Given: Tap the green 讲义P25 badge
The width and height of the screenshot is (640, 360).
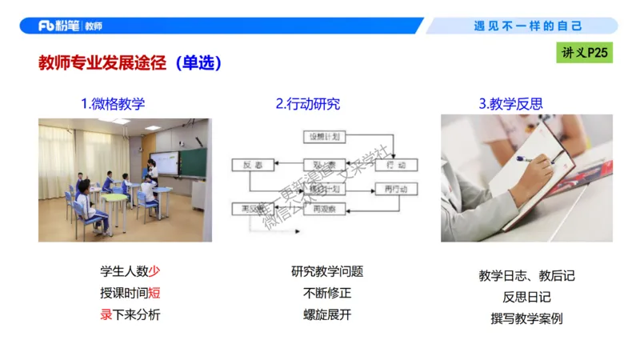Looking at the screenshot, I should click(585, 53).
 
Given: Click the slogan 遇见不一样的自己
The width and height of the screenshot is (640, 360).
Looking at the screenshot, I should click(528, 26).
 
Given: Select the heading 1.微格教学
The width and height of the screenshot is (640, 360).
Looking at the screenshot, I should click(113, 103).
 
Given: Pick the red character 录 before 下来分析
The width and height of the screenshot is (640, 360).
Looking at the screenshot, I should click(106, 314).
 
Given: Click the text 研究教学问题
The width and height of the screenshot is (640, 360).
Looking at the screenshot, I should click(327, 271).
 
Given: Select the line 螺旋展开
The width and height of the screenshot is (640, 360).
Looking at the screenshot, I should click(327, 314).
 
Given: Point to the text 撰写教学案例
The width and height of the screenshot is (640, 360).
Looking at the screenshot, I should click(526, 318).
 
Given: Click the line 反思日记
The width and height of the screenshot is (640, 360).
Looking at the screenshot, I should click(526, 297).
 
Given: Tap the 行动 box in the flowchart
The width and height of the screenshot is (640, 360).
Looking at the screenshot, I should click(396, 165).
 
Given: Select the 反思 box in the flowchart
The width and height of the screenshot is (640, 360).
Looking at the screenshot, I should click(248, 165).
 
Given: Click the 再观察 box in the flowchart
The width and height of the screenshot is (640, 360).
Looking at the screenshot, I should click(325, 209).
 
